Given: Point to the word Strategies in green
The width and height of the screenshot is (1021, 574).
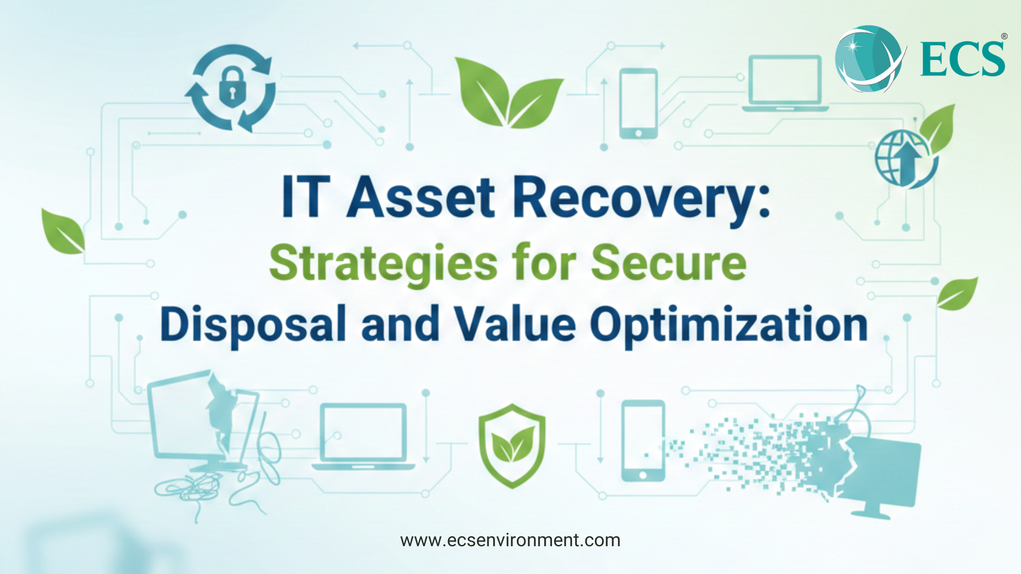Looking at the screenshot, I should click(383, 264).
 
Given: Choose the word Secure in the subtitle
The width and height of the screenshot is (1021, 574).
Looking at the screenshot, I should click(669, 263).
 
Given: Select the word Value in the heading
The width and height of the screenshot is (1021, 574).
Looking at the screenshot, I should click(516, 324).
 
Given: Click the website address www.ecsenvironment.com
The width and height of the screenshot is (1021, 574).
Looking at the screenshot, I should click(510, 541).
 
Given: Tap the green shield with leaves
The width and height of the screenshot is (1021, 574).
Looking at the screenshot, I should click(512, 446).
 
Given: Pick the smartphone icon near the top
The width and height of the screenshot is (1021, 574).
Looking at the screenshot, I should click(638, 104).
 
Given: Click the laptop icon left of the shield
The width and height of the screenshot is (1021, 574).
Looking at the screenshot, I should click(363, 436).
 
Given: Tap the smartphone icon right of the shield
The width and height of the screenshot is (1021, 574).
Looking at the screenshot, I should click(643, 441).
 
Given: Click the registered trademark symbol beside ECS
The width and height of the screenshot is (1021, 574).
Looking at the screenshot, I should click(1004, 36).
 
